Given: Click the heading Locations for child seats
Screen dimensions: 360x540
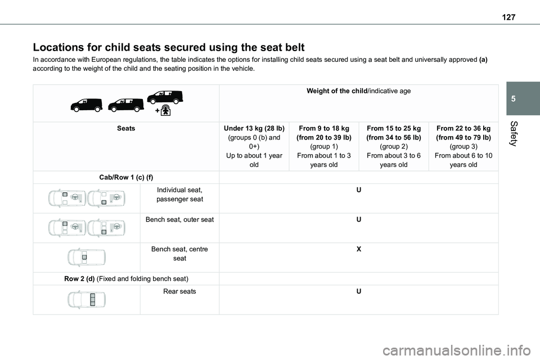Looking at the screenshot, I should [x=169, y=47].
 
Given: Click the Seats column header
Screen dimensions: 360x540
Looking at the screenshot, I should [x=126, y=128].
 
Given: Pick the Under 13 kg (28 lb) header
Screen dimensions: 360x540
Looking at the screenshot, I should [x=254, y=128].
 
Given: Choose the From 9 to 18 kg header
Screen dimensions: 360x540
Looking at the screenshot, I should [x=325, y=128].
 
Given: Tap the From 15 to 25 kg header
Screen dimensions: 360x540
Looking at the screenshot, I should [x=393, y=128].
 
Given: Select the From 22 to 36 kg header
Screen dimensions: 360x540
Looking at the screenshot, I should [x=462, y=128].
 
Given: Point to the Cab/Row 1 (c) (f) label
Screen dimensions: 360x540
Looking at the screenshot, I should [x=126, y=177].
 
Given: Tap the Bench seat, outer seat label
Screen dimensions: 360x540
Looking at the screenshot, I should [x=179, y=219].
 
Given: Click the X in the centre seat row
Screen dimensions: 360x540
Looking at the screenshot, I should [x=358, y=249].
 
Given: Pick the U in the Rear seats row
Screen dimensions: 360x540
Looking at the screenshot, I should [x=358, y=291].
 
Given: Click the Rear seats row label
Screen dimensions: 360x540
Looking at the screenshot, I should [x=179, y=291].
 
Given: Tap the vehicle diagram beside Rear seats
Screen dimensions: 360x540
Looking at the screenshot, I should [x=87, y=299].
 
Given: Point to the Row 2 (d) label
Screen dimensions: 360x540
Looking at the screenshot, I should [x=126, y=279].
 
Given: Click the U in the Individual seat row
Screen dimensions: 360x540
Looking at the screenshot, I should [x=358, y=191].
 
